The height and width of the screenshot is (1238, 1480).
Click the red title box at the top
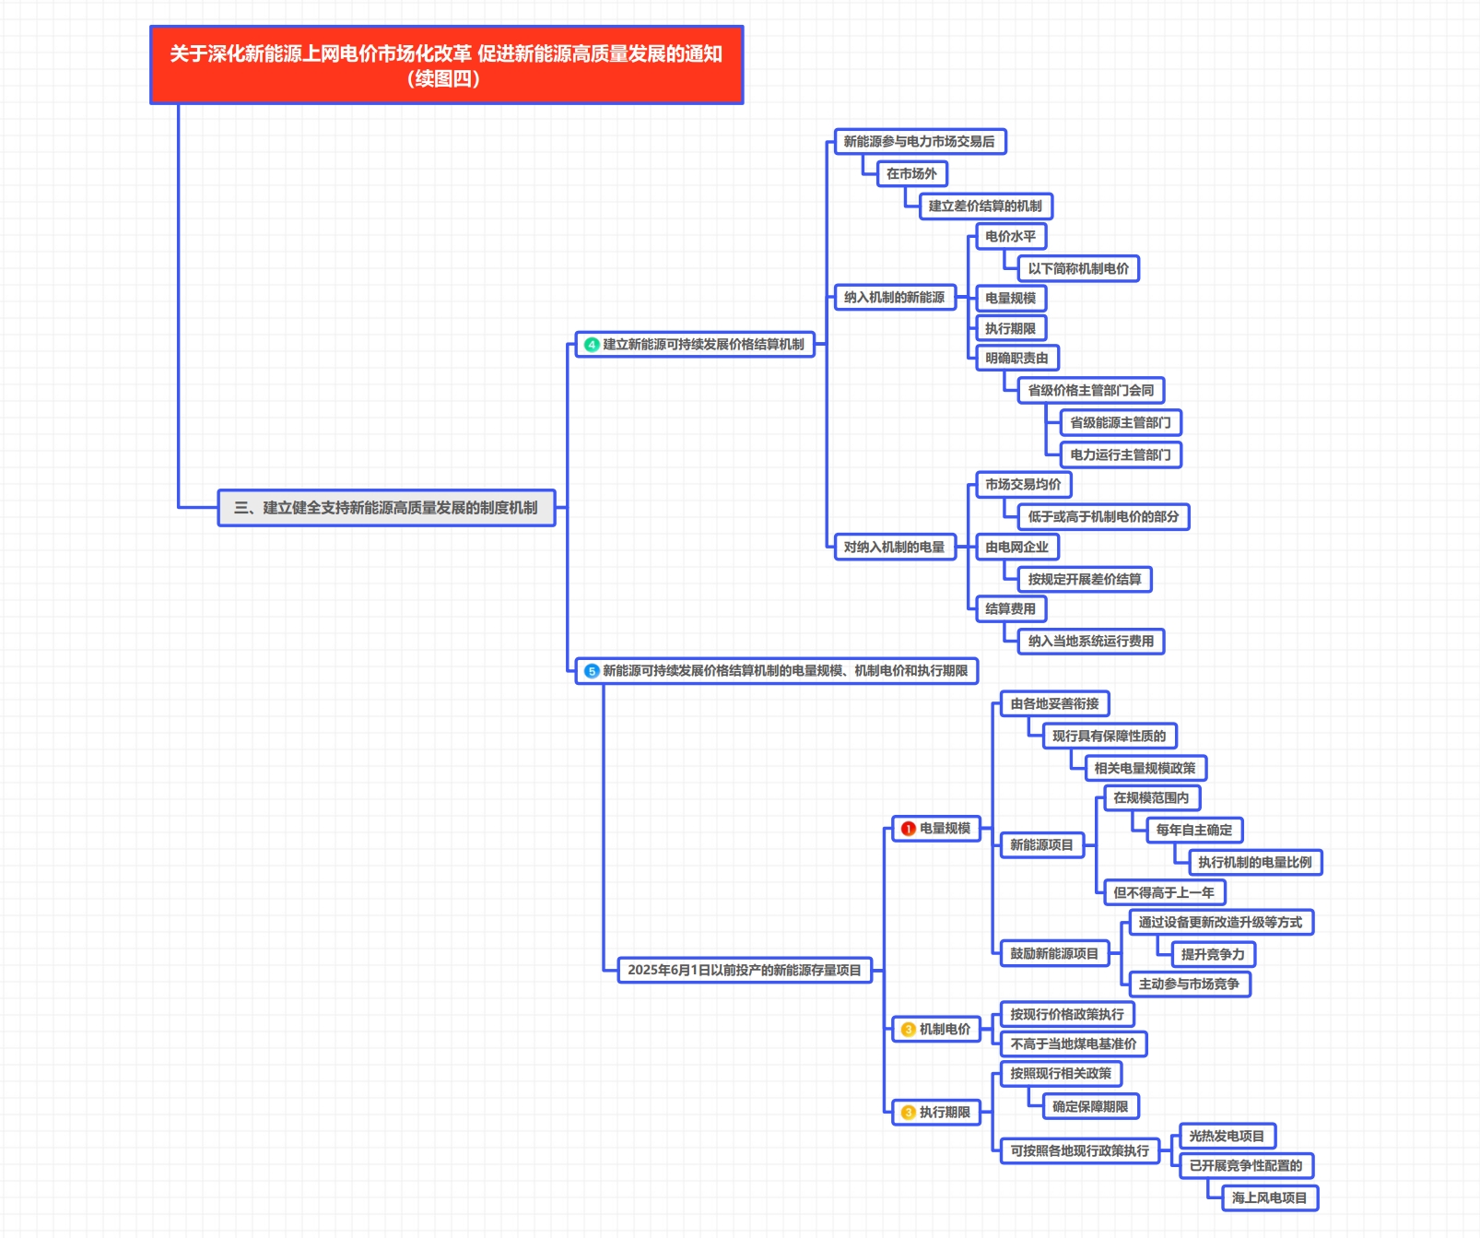[x=446, y=65]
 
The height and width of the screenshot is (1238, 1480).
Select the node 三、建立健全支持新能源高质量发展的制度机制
[x=386, y=508]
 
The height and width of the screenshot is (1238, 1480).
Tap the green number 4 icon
[x=592, y=345]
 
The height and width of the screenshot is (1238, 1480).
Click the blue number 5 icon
[x=592, y=671]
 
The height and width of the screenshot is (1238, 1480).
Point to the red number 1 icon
[x=908, y=829]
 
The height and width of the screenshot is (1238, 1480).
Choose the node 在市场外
[x=911, y=173]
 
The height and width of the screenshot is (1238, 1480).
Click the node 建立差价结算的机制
[x=985, y=206]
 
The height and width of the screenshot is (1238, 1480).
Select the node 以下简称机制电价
[x=1078, y=268]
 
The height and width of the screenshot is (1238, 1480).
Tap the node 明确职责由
[x=1016, y=358]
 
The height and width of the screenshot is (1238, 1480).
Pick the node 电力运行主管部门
[x=1121, y=454]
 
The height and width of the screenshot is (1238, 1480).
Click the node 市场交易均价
[x=1023, y=484]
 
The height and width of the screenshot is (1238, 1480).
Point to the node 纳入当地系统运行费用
[x=1091, y=641]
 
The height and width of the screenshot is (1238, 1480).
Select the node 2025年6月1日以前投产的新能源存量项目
[x=745, y=970]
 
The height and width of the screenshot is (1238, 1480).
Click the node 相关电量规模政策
[x=1145, y=768]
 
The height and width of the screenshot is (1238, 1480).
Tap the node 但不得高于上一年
[x=1164, y=892]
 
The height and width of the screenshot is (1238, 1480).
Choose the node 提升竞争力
[x=1213, y=954]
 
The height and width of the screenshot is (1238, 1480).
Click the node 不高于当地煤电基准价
[x=1074, y=1043]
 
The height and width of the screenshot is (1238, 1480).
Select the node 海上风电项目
[x=1270, y=1197]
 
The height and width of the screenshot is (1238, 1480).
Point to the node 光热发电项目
[x=1227, y=1136]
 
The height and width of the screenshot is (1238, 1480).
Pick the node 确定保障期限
[x=1090, y=1106]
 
